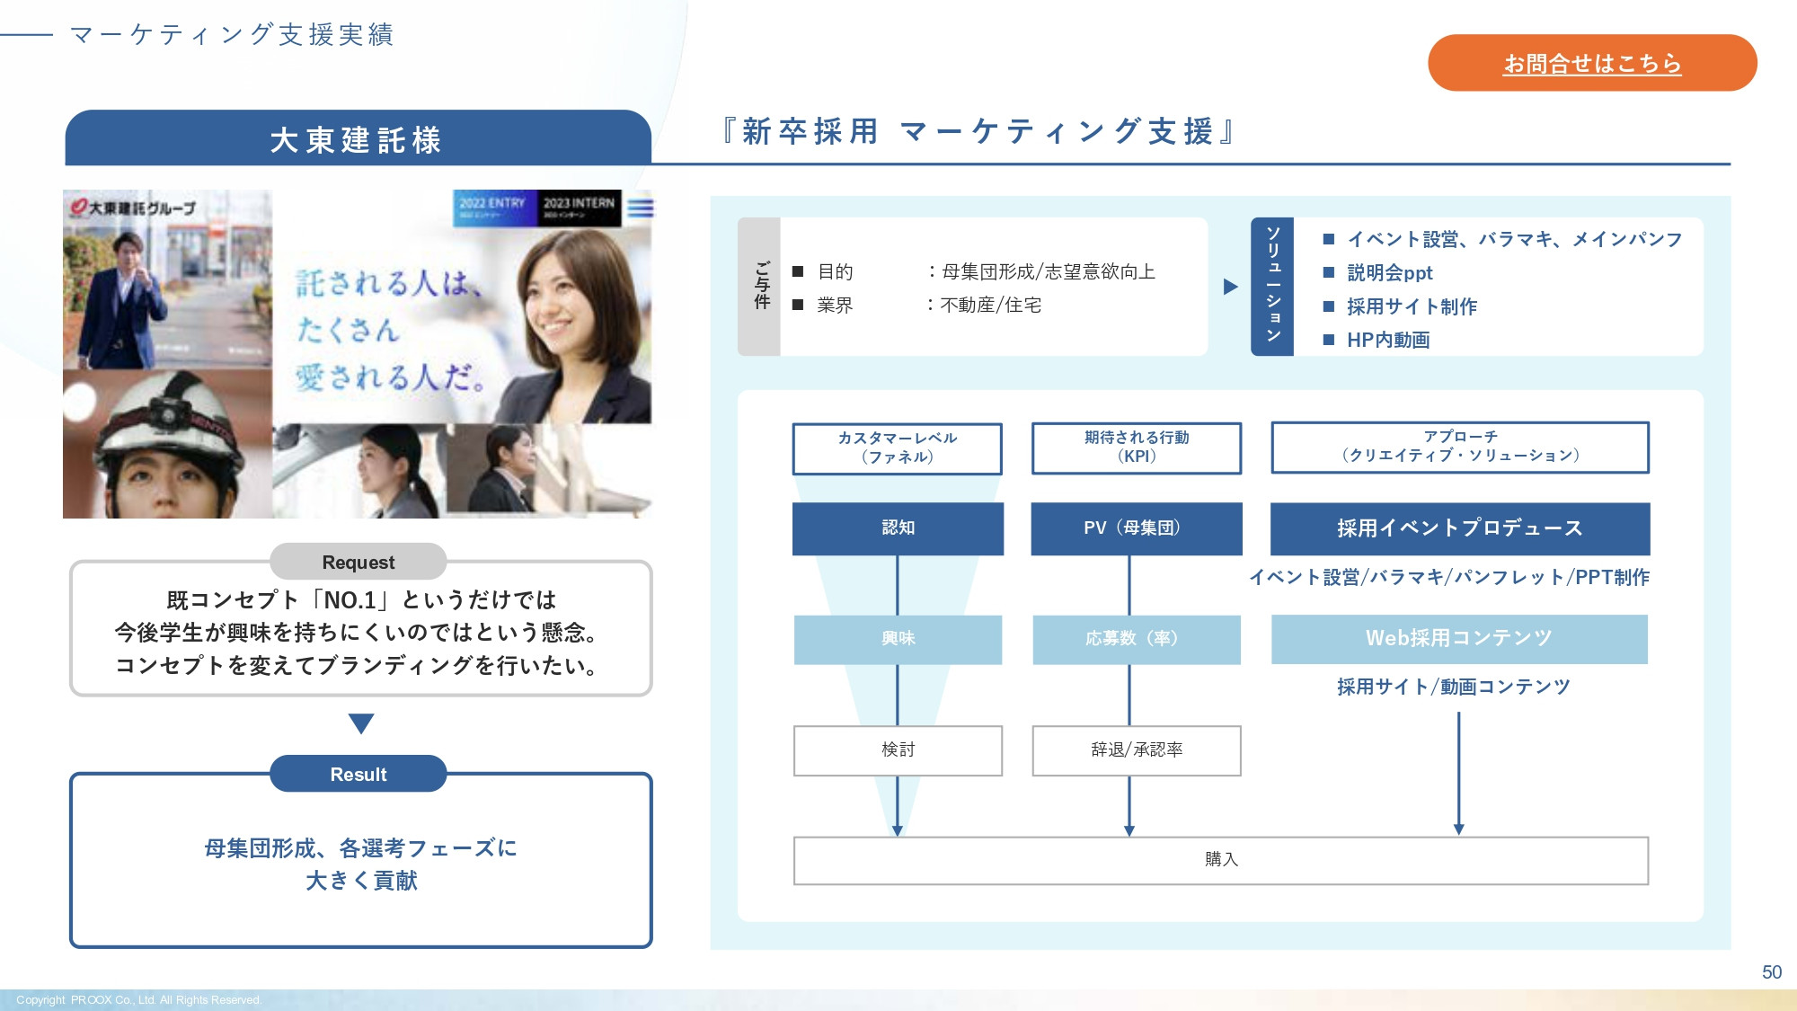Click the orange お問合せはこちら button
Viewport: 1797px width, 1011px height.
click(x=1591, y=63)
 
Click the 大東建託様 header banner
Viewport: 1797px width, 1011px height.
click(x=357, y=139)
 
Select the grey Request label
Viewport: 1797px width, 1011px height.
click(x=358, y=562)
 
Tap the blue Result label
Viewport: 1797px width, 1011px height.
click(x=358, y=774)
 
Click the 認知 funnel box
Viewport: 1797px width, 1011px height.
click(x=898, y=528)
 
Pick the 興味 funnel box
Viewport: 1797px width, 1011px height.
click(x=898, y=638)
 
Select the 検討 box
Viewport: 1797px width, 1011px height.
click(x=898, y=749)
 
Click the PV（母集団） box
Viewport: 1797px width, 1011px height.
click(x=1136, y=528)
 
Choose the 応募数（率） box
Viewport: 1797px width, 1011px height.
click(x=1136, y=638)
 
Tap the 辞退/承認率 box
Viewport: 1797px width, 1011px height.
click(x=1136, y=749)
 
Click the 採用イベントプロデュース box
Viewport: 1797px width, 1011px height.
click(x=1459, y=528)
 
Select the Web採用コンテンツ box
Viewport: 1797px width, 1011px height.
click(x=1459, y=638)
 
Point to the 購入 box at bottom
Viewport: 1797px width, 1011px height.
click(x=1220, y=860)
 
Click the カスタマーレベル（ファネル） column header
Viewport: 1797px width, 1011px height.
click(x=897, y=448)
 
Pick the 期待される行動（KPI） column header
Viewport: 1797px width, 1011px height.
click(x=1136, y=447)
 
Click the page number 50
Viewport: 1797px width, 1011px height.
click(x=1771, y=972)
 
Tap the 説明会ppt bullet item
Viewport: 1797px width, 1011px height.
click(x=1389, y=273)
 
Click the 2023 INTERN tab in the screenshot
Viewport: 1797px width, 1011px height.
click(x=579, y=207)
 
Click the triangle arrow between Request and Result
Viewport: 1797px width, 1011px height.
click(x=360, y=723)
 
